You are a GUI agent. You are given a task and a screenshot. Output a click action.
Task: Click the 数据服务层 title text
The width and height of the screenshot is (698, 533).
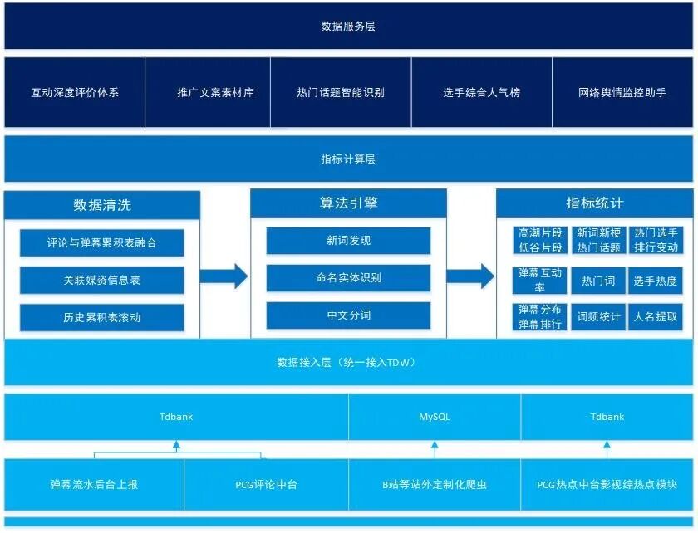[348, 27]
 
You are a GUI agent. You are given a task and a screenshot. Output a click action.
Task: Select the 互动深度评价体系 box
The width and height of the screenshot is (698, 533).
[75, 93]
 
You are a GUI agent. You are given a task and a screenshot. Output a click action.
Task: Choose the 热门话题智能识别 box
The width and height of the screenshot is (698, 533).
[340, 93]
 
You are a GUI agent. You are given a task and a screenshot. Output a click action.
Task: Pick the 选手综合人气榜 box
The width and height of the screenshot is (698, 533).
[481, 93]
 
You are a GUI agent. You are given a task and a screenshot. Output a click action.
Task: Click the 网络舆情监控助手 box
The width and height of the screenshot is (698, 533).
[622, 93]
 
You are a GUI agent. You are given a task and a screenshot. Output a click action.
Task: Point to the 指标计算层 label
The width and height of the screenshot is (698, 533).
[348, 159]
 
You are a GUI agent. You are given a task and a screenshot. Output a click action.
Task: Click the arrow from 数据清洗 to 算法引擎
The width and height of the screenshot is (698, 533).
[224, 276]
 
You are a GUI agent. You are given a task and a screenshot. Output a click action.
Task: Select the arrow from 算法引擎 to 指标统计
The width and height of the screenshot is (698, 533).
[471, 276]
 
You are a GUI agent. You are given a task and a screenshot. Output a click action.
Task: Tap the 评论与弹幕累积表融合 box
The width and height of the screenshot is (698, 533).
[101, 243]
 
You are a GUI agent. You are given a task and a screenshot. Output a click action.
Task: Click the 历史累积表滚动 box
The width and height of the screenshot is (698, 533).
[101, 317]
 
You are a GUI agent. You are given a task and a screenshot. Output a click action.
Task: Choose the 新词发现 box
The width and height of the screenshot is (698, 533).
[348, 241]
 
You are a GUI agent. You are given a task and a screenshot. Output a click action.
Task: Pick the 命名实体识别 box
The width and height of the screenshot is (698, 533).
[348, 278]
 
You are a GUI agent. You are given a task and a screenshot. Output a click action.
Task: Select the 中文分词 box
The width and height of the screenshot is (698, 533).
[348, 315]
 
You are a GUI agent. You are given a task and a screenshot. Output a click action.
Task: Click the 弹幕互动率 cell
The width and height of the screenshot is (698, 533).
[540, 281]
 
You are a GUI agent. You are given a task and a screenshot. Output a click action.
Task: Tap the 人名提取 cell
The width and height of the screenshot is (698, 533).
[655, 316]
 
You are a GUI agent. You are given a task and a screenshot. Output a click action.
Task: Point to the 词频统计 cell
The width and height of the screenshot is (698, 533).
[598, 316]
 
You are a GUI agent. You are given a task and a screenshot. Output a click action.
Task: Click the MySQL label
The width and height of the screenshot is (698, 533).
[435, 417]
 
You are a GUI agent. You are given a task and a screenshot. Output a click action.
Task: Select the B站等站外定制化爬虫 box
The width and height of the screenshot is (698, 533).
[435, 484]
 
